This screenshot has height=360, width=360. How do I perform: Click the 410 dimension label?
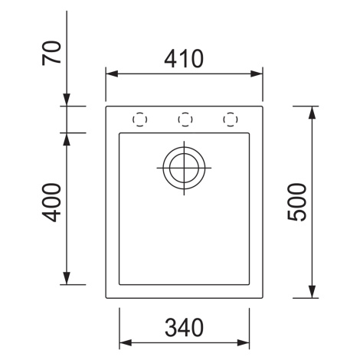184,59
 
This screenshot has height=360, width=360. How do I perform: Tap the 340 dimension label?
184,327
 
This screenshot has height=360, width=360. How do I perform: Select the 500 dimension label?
296,202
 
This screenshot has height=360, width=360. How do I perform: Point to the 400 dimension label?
51,202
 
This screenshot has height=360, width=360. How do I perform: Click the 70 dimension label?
51,53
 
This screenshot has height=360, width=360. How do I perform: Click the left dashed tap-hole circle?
140,119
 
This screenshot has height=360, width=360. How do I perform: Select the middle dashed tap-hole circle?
185,119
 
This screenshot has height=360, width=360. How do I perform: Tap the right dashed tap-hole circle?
231,119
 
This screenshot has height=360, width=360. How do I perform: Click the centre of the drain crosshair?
184,168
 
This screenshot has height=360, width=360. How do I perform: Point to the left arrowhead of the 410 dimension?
112,74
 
